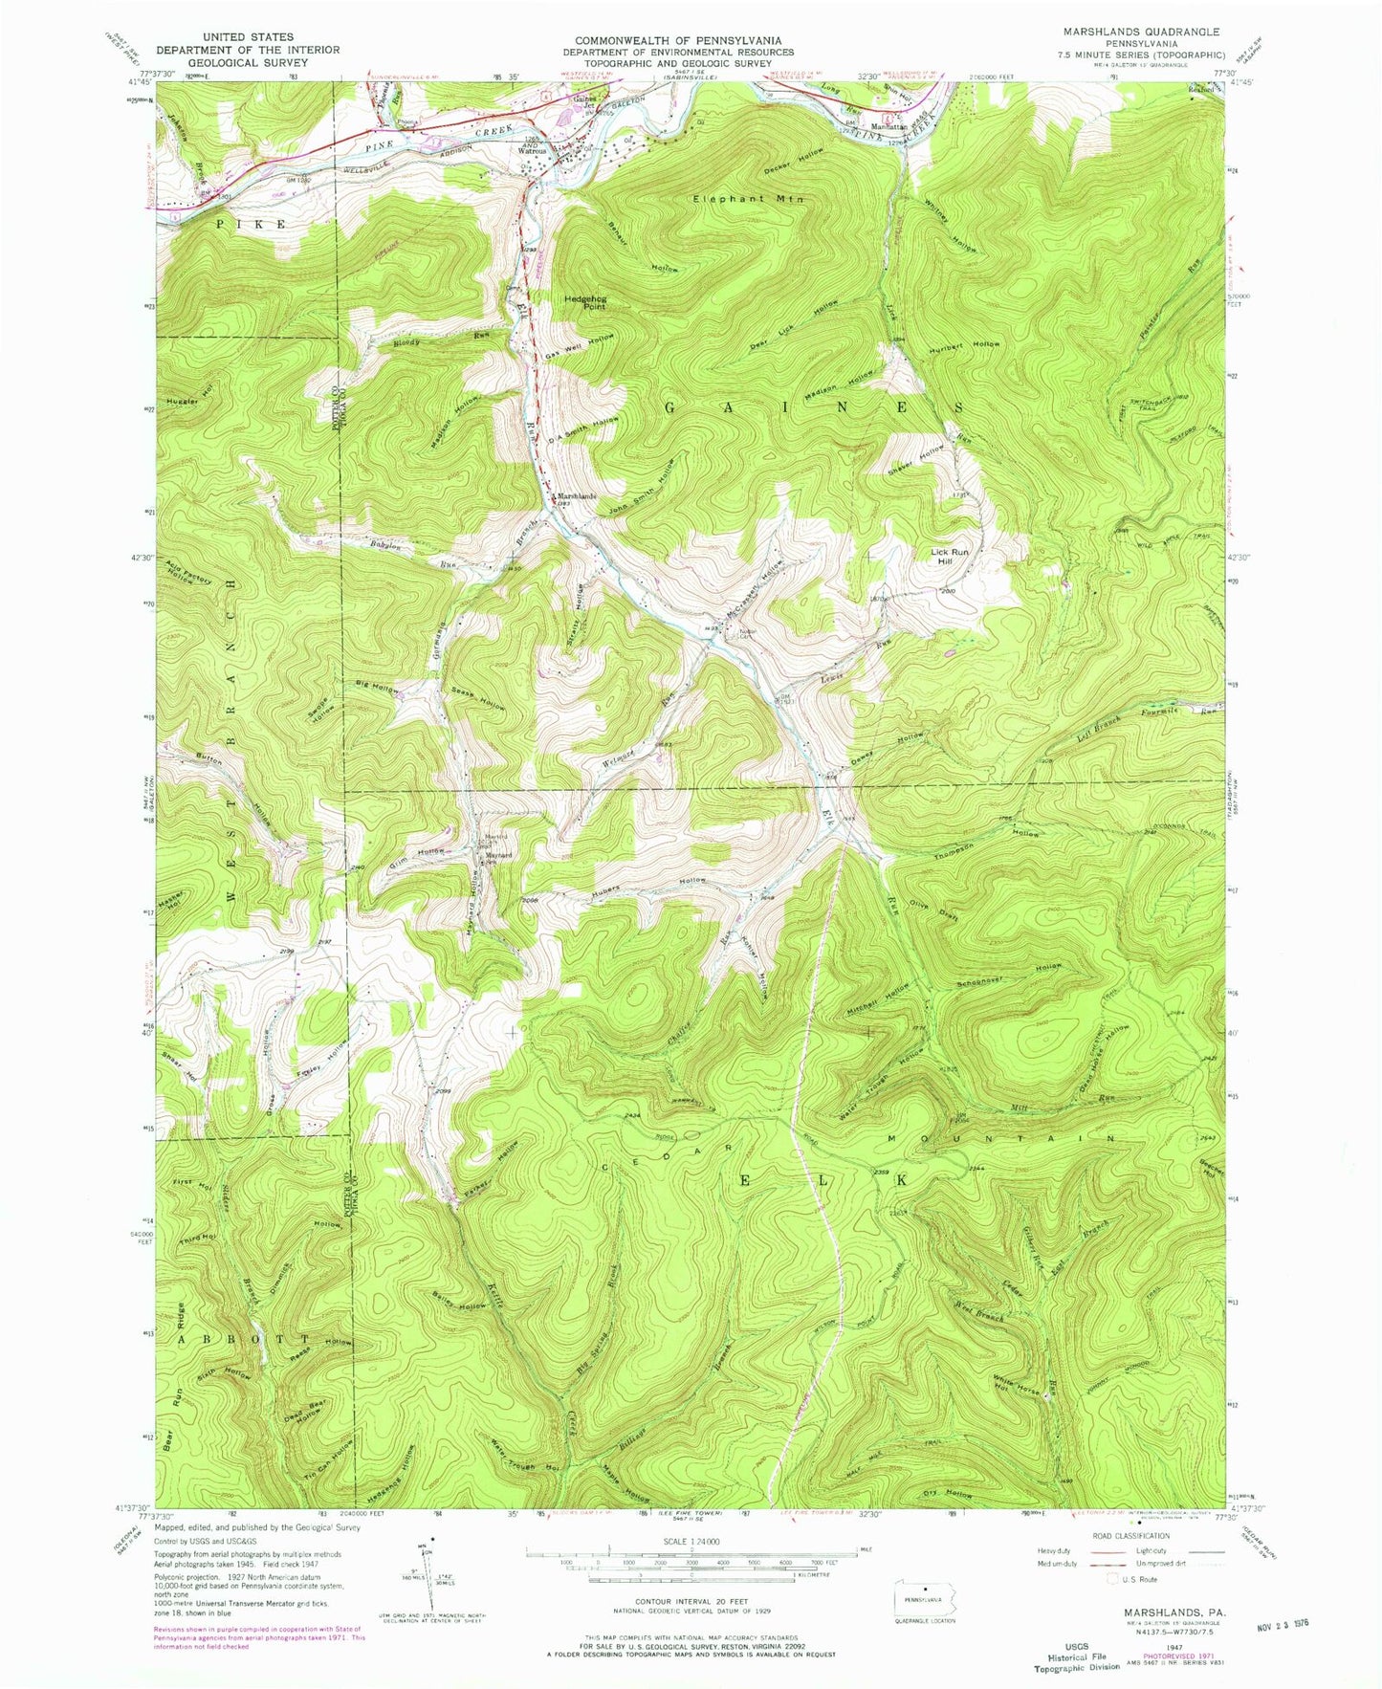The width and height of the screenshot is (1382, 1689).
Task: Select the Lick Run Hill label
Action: [950, 557]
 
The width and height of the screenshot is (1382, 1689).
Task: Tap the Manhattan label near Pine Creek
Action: [888, 127]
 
